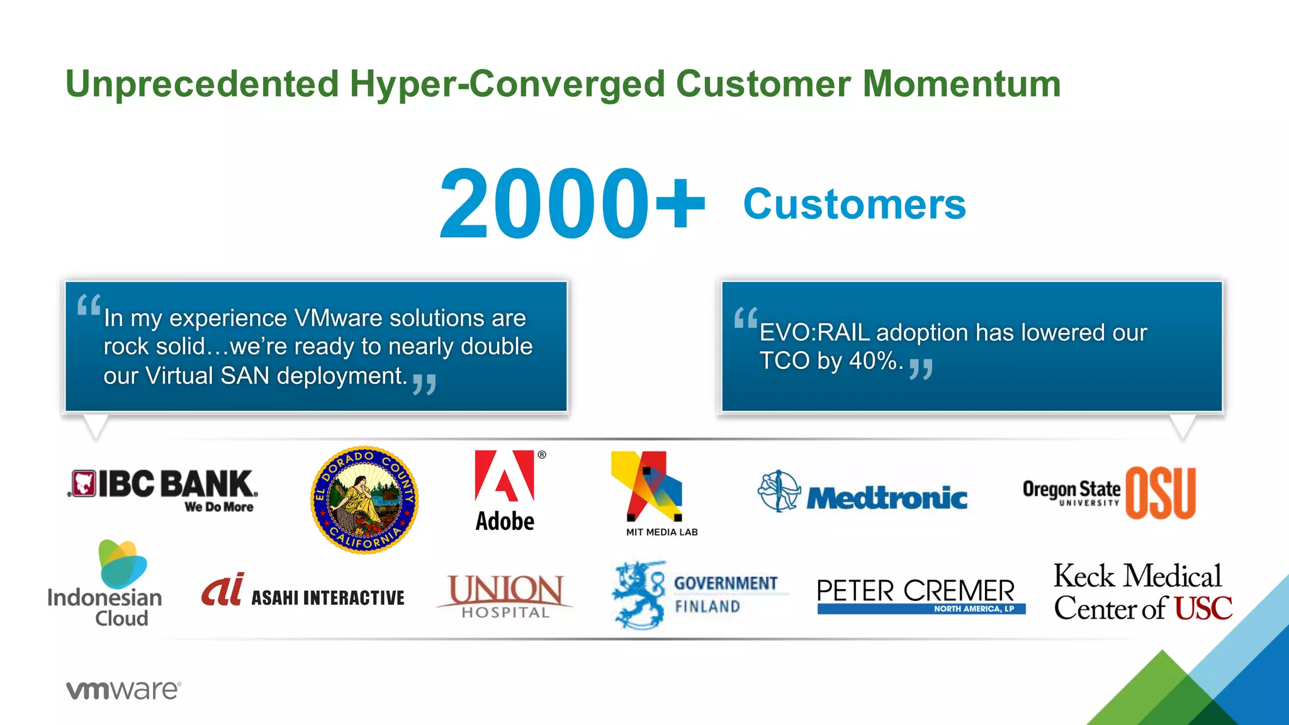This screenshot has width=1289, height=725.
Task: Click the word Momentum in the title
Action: (x=961, y=84)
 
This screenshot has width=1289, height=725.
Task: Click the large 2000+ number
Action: (x=571, y=204)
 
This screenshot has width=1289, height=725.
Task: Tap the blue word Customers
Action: (x=854, y=205)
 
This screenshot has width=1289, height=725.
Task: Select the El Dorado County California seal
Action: (x=364, y=500)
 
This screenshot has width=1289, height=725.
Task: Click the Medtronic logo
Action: (x=862, y=493)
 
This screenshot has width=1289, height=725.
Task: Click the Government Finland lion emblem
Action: (x=639, y=595)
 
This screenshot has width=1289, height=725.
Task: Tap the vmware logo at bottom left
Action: (x=123, y=690)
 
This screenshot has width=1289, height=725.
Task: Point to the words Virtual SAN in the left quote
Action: (x=208, y=376)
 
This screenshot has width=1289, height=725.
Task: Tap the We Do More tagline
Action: (x=219, y=507)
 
